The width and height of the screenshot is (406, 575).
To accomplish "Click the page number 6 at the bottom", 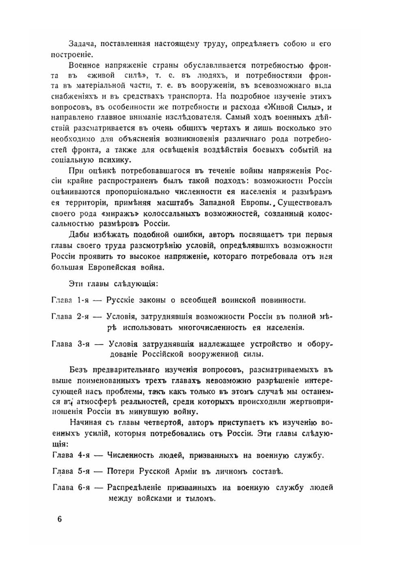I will coord(60,519).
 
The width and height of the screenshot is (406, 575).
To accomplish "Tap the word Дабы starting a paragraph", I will coord(80,235).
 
